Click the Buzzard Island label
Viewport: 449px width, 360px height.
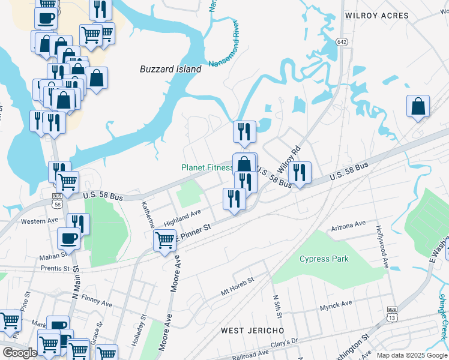point(170,69)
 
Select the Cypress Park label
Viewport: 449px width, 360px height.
point(324,259)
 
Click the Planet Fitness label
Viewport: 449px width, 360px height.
point(207,168)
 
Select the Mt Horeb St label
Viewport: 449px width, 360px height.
point(238,285)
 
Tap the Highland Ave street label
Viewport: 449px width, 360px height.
point(182,218)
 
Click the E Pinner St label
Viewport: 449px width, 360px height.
point(194,232)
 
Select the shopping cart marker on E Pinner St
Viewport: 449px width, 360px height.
point(164,241)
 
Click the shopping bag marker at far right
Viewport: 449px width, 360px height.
point(418,106)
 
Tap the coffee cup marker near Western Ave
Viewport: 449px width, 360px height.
point(68,239)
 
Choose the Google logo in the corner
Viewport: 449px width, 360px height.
point(19,353)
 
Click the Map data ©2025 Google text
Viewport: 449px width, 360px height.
point(411,355)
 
